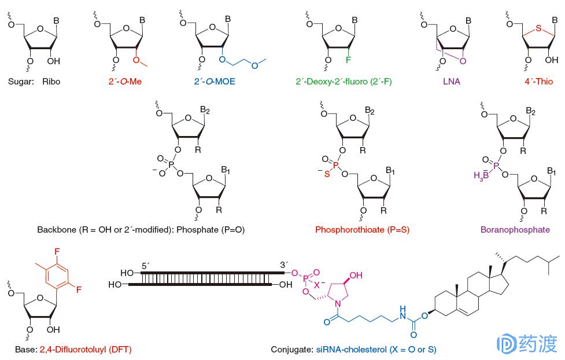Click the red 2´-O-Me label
[124, 82]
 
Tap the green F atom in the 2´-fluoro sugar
[349, 60]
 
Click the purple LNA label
[451, 82]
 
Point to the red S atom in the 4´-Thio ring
[538, 27]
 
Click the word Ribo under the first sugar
[51, 82]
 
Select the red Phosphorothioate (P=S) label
[362, 230]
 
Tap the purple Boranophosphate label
[515, 230]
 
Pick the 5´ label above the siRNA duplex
[146, 265]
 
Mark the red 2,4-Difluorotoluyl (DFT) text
[89, 350]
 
